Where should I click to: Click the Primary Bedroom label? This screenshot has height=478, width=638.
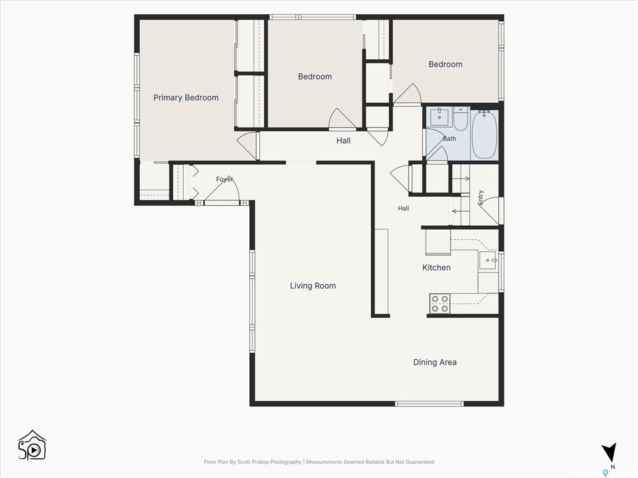click(x=186, y=98)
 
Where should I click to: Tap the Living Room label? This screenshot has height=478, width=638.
click(x=313, y=286)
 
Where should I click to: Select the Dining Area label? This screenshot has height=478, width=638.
click(x=434, y=362)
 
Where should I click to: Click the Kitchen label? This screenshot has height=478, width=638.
click(x=436, y=268)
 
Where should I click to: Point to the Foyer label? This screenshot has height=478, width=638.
click(x=224, y=179)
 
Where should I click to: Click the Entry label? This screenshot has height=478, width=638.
click(x=480, y=197)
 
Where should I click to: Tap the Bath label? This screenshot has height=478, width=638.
click(x=449, y=139)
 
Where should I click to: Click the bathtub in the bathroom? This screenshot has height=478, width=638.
click(x=484, y=134)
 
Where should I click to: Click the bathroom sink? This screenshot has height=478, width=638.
click(x=439, y=117)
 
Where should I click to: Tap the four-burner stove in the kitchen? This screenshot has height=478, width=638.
click(x=440, y=304)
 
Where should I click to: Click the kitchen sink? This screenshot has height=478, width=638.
click(x=487, y=260)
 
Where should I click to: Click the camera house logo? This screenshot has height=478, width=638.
click(x=32, y=446)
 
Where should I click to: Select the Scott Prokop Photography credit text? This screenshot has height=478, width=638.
click(x=253, y=462)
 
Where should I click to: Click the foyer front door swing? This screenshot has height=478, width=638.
click(x=222, y=189)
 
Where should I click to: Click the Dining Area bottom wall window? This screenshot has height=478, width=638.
click(x=429, y=403)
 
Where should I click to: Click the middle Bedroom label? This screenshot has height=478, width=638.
click(x=315, y=77)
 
